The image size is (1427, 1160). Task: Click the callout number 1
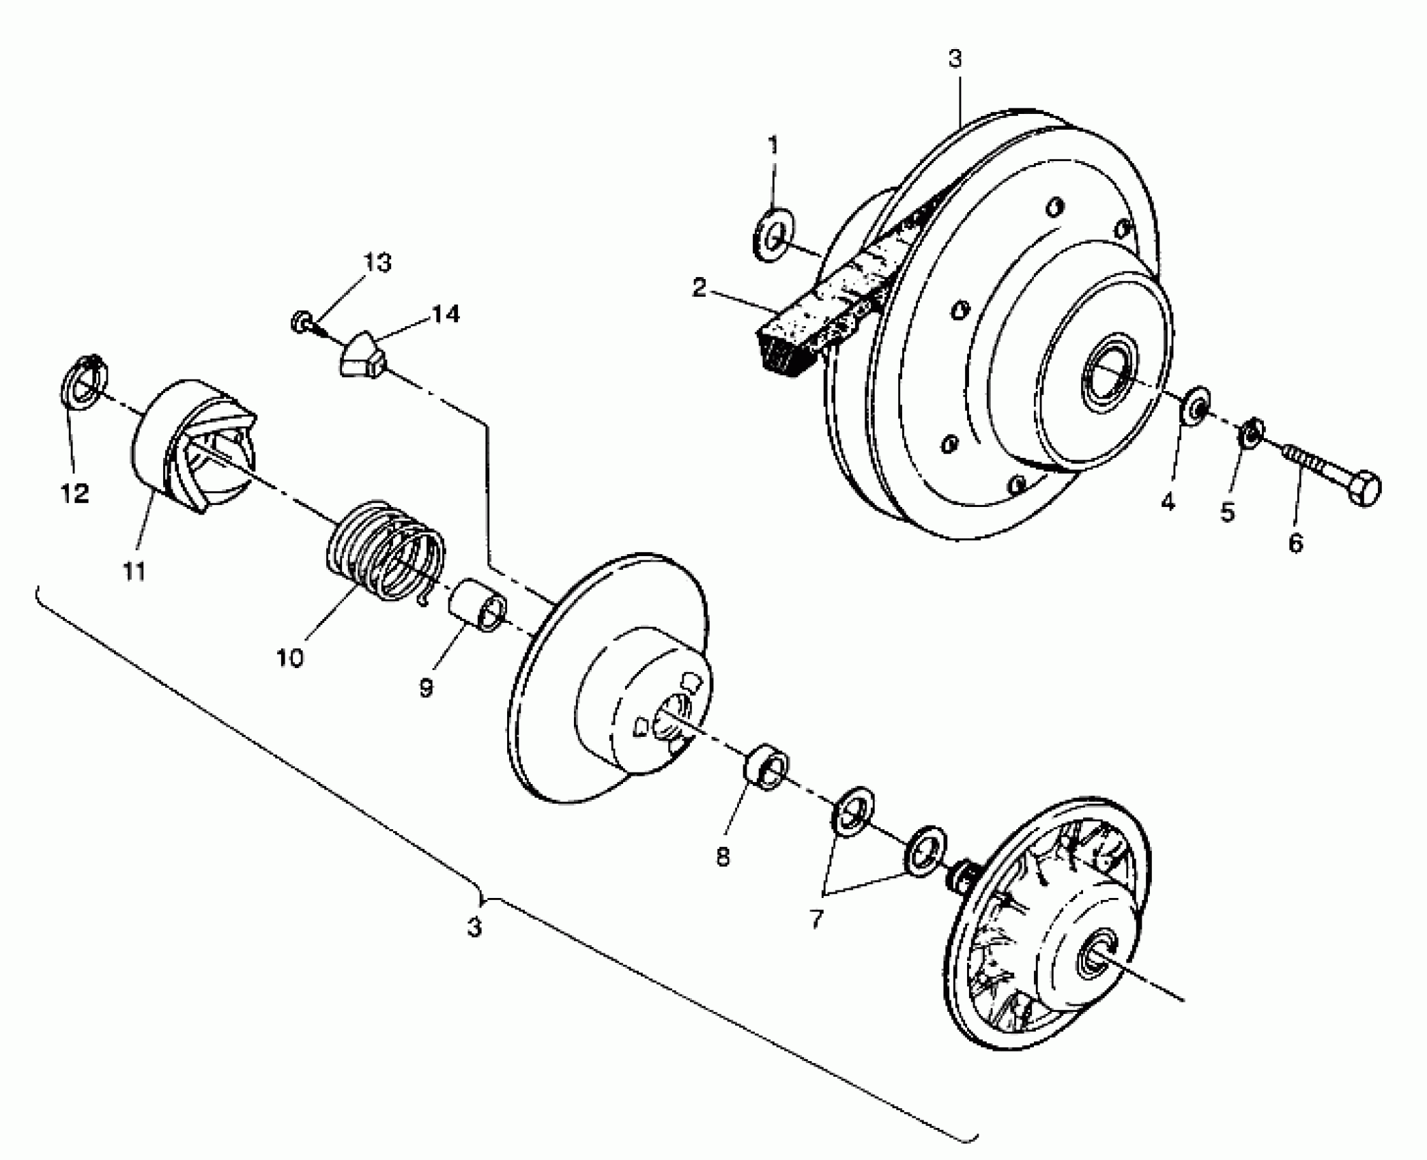pos(773,145)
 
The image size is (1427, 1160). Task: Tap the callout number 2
pos(698,287)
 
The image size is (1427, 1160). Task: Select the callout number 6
pos(1295,543)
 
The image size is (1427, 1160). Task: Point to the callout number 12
pos(75,493)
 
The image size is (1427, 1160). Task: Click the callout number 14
pos(445,315)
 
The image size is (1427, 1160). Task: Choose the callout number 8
pos(723,856)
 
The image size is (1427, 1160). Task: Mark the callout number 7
pos(816,918)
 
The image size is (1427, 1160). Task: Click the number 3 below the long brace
pos(474,927)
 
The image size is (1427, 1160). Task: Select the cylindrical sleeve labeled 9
pos(477,604)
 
